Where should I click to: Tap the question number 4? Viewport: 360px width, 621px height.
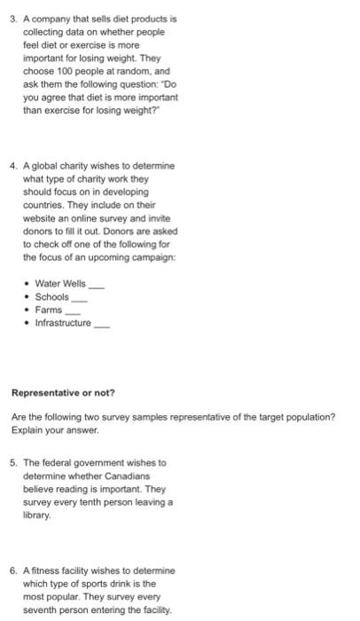click(12, 166)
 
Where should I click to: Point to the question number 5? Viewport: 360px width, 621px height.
click(12, 462)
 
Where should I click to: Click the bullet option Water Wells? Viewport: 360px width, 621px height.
click(60, 283)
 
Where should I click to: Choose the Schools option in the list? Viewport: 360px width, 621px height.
click(51, 296)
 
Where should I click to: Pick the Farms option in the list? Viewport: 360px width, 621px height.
click(48, 310)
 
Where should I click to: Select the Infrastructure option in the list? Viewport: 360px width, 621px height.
click(62, 323)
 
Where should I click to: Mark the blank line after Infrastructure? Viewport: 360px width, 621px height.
click(103, 325)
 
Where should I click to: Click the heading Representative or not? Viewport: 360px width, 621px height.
click(62, 393)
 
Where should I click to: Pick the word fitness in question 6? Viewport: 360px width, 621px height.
click(45, 570)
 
